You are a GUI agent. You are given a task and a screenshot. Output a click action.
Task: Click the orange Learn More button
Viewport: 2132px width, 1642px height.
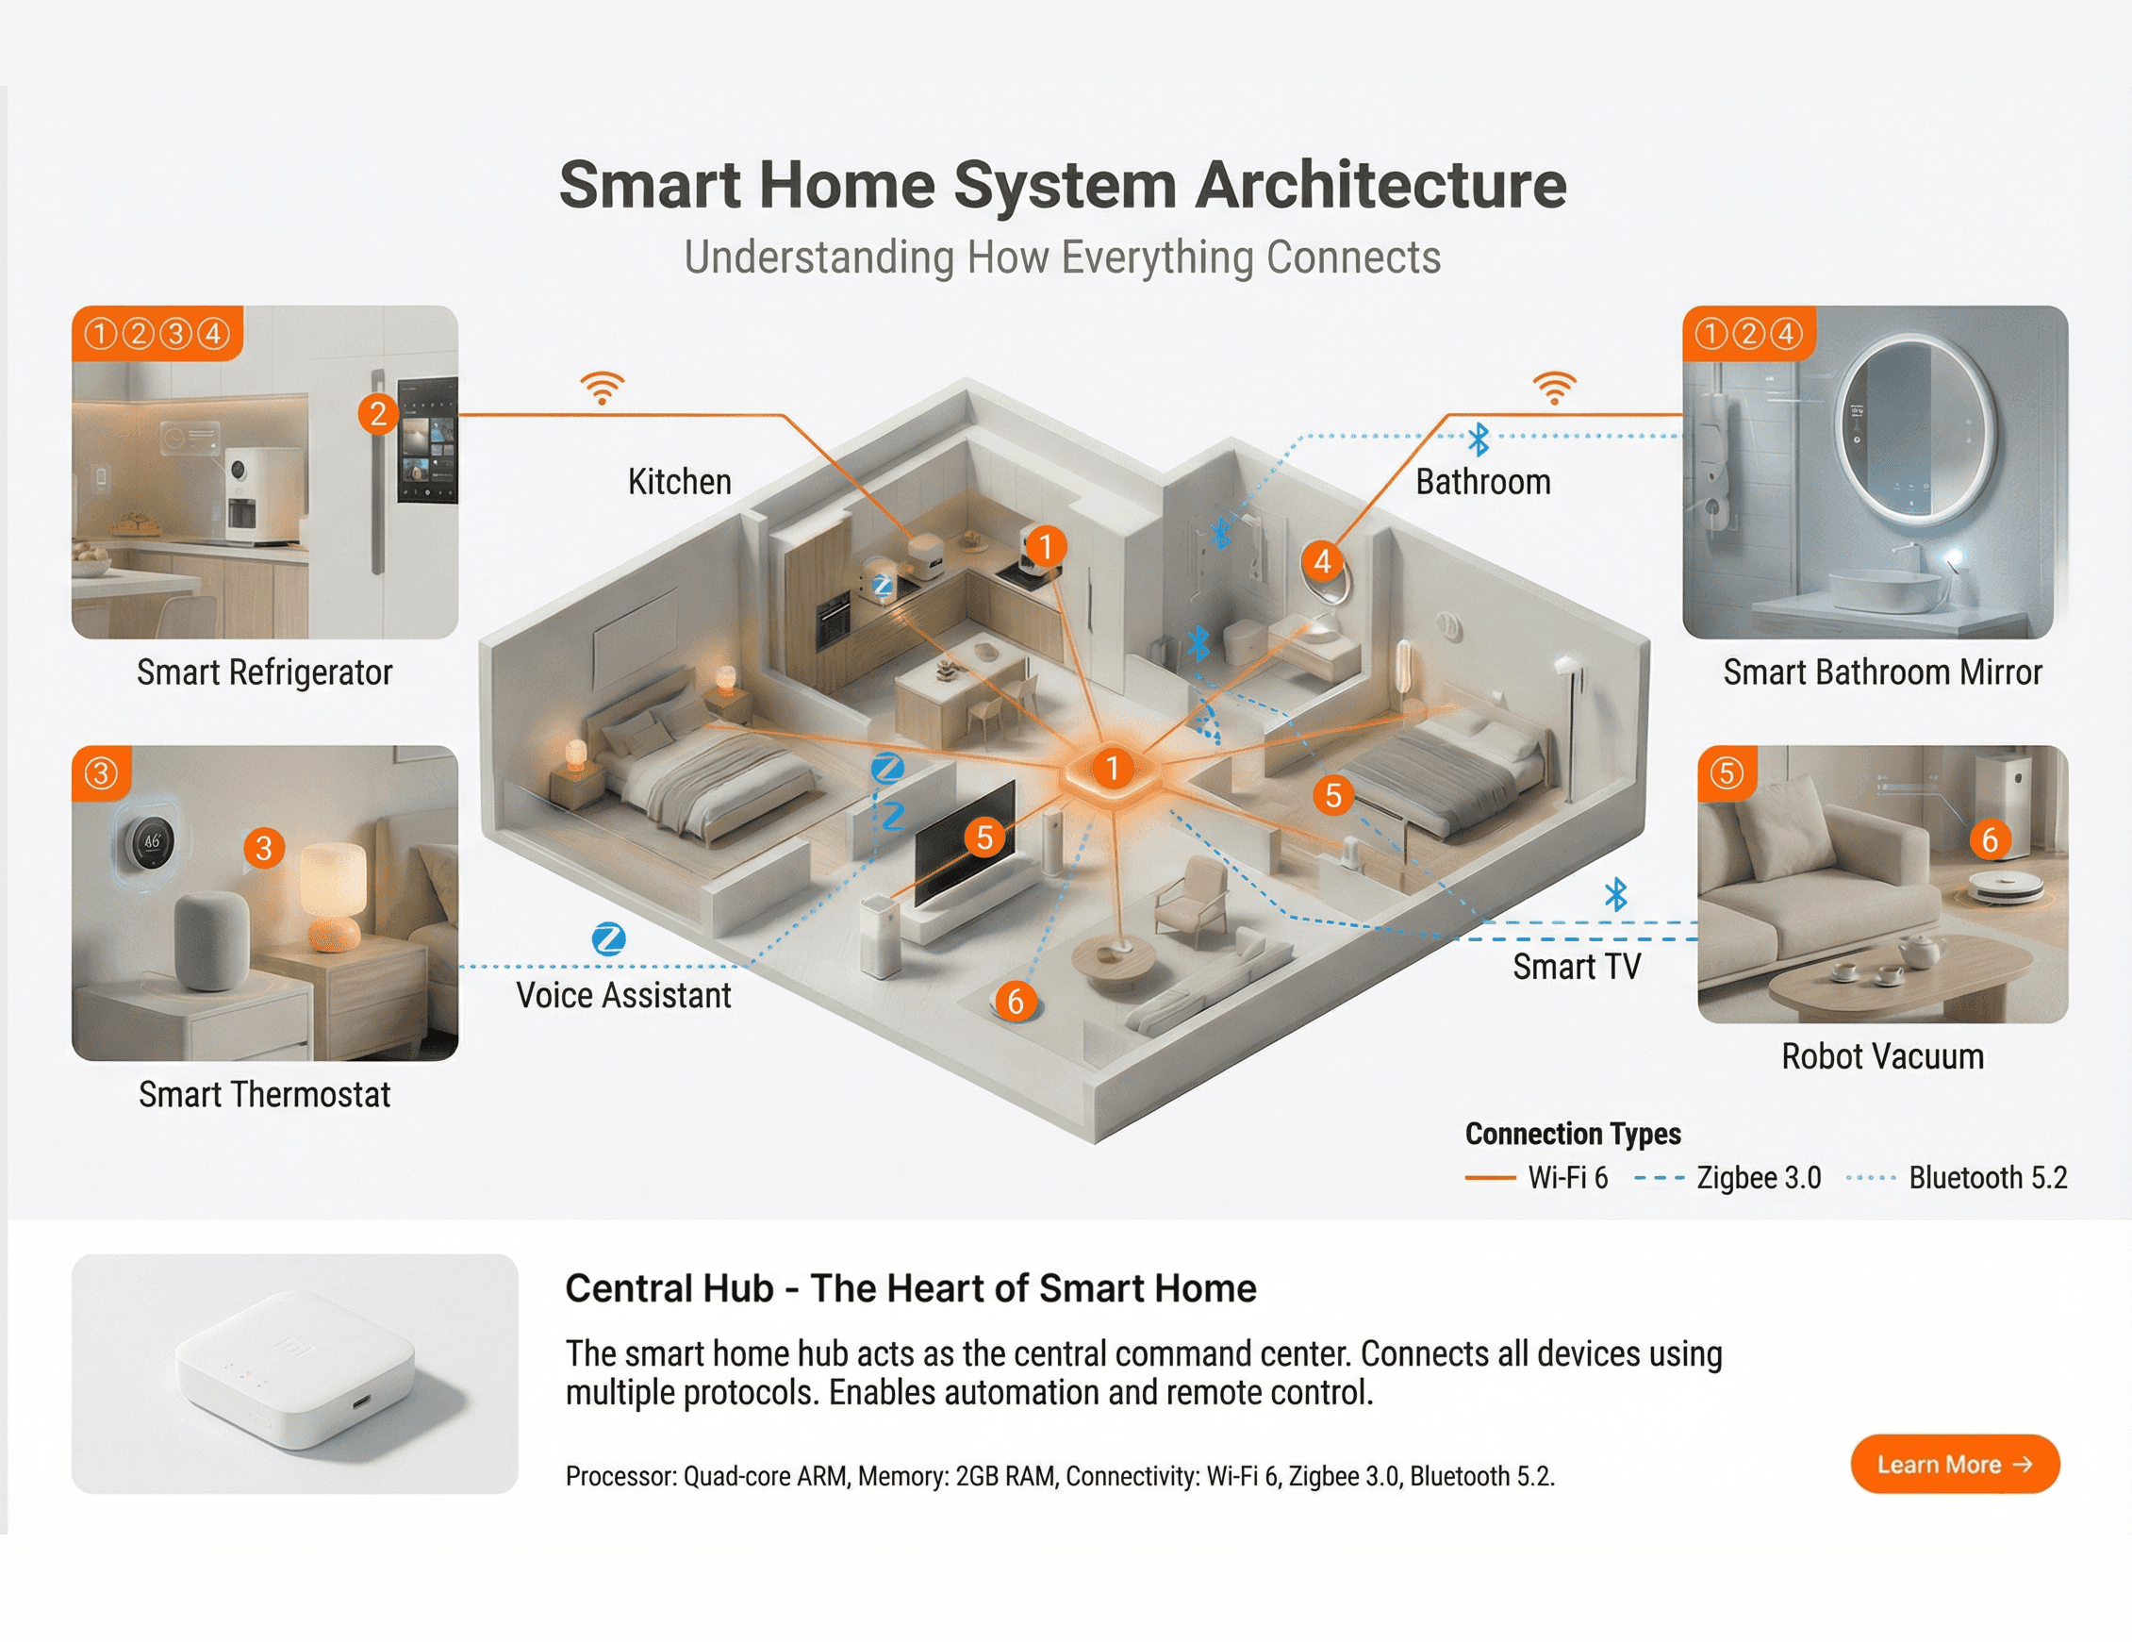click(x=1955, y=1464)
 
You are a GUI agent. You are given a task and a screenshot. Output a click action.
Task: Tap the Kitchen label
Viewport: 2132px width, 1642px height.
click(x=680, y=482)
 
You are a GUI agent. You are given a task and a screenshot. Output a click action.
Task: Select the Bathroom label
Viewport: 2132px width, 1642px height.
click(x=1483, y=482)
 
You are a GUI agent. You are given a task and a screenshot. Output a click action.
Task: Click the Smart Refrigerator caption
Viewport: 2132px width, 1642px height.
click(x=265, y=672)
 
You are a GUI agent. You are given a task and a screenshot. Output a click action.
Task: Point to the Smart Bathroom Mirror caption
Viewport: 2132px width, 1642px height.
click(x=1882, y=672)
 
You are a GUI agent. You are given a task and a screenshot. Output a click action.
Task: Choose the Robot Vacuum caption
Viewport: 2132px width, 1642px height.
click(x=1882, y=1056)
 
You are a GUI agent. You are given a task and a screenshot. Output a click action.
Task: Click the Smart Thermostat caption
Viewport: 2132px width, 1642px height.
click(x=265, y=1094)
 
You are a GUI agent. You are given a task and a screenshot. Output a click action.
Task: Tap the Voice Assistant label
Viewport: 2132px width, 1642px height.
click(x=624, y=996)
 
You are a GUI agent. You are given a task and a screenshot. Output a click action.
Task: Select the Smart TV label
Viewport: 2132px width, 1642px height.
click(x=1577, y=967)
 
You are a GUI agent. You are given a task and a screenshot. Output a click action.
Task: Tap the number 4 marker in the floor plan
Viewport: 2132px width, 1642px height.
click(x=1323, y=561)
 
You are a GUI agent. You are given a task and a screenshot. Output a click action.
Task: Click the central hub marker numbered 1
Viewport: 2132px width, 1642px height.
click(x=1112, y=770)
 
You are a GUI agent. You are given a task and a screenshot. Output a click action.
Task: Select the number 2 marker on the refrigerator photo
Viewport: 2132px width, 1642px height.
click(x=378, y=414)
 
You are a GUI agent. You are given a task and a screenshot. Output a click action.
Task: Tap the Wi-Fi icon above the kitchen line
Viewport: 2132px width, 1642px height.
click(x=603, y=388)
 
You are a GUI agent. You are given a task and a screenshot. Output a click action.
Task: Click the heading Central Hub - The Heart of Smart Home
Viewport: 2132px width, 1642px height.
click(x=910, y=1288)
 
